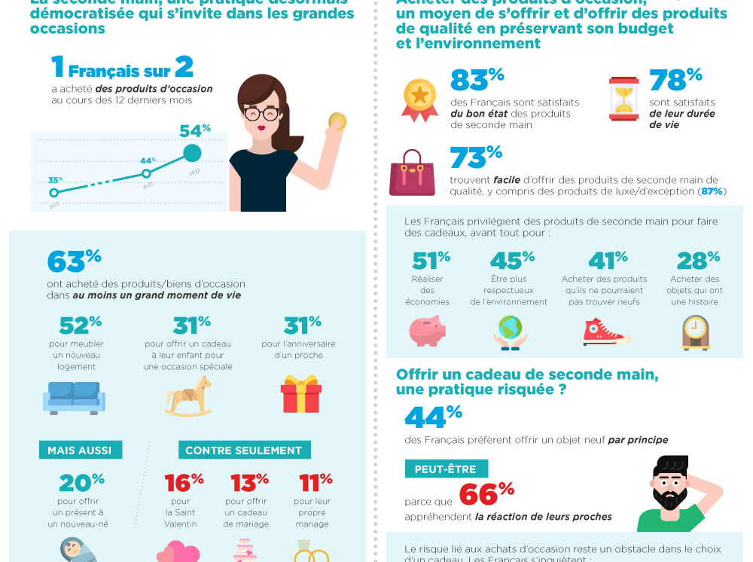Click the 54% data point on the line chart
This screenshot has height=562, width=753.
pos(193,153)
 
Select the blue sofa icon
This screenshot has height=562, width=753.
pos(74,398)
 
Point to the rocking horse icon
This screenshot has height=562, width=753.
pos(188,396)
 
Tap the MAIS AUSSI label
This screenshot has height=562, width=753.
pos(80,451)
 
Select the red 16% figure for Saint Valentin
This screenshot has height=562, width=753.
pos(184,481)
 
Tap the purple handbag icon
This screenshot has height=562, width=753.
pos(412,173)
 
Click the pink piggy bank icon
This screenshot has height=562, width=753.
pos(427,331)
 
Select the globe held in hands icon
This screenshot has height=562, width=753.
pos(510,332)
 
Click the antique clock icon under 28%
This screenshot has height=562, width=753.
pos(695,332)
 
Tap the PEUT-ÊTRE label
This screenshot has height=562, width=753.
pos(446,469)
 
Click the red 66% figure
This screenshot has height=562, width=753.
pos(486,494)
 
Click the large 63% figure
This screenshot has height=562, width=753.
pos(74,261)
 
